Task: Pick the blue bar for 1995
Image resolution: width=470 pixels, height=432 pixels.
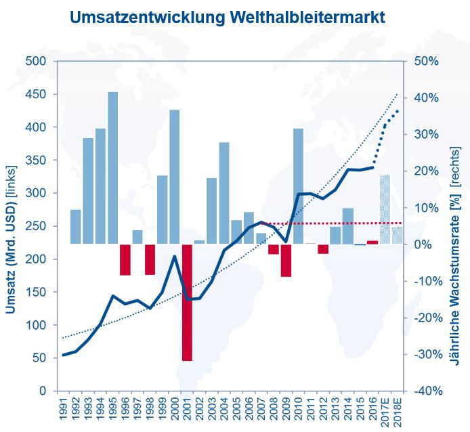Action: [x=113, y=168]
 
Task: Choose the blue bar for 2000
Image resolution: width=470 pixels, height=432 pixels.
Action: [x=175, y=177]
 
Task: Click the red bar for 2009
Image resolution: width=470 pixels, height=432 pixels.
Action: [x=286, y=260]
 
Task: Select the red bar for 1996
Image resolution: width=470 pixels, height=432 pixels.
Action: [x=125, y=259]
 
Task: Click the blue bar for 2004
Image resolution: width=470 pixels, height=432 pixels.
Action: [x=224, y=193]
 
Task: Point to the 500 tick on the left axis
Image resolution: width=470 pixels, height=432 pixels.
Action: [x=37, y=61]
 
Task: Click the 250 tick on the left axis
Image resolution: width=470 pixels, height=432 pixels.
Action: [x=37, y=226]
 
